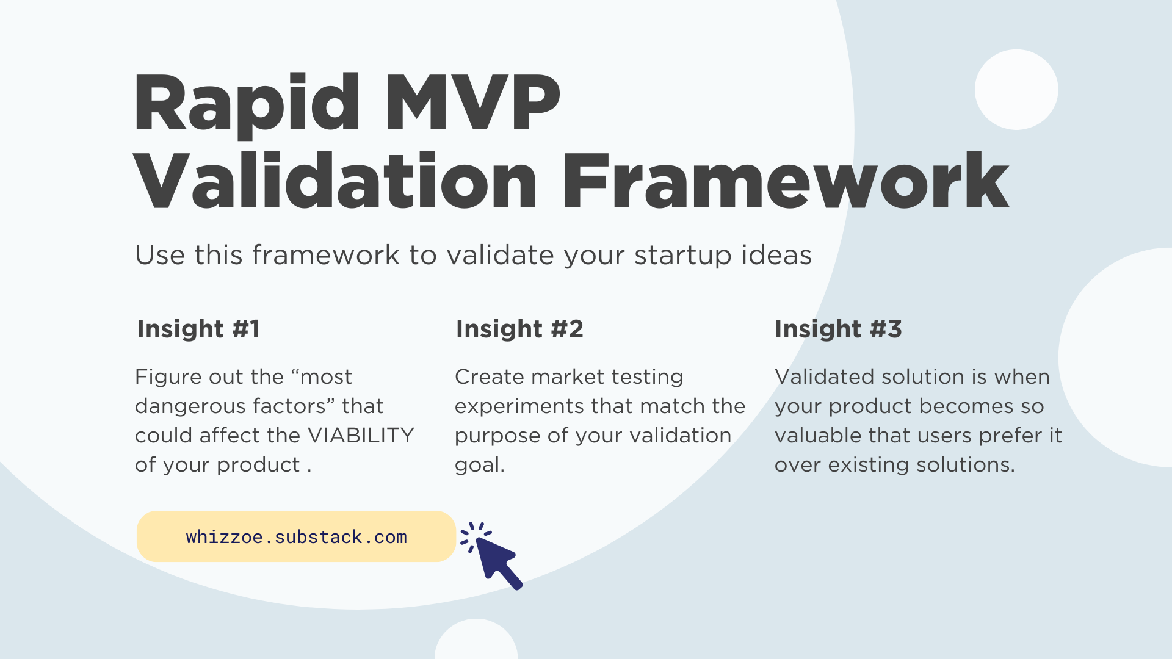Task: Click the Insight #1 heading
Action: pos(198,329)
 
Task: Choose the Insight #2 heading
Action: pos(519,329)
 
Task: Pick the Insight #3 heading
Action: pos(838,329)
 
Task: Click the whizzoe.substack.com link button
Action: pos(296,536)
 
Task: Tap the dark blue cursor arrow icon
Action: pos(493,557)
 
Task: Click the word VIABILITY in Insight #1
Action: pos(361,435)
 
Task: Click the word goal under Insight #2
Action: pos(479,466)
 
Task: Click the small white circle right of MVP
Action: pos(1016,90)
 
